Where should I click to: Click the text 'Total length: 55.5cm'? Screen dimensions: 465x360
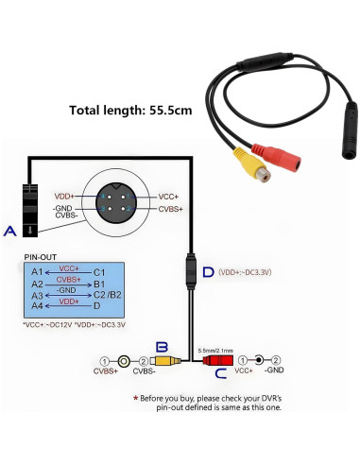[x=130, y=110]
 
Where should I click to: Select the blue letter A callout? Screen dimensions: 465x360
[x=10, y=231]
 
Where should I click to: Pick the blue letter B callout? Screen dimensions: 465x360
[x=162, y=348]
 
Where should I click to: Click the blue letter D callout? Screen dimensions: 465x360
[x=207, y=273]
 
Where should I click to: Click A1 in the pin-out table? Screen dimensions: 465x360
[x=37, y=271]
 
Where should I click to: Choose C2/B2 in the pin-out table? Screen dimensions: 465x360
[x=104, y=294]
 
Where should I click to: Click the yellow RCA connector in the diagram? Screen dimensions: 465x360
[x=164, y=360]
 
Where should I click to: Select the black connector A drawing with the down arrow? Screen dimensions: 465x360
[x=30, y=208]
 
